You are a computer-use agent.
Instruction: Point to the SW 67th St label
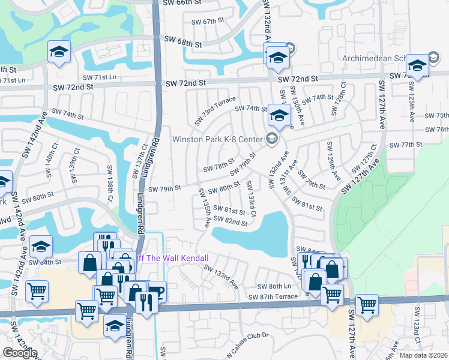(x=203, y=22)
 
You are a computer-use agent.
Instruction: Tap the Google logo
(x=20, y=353)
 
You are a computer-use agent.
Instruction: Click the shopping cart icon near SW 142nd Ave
(x=37, y=291)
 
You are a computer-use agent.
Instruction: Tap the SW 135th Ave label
(x=206, y=214)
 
